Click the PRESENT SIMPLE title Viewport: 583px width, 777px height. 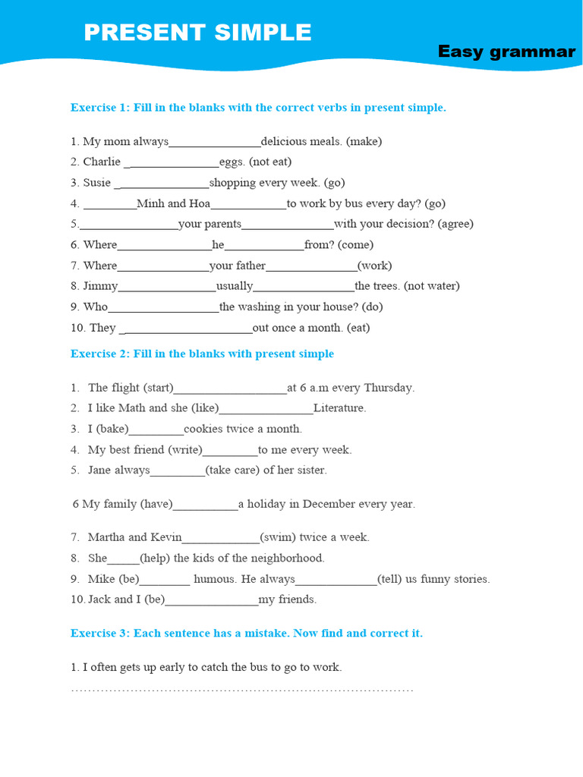[197, 33]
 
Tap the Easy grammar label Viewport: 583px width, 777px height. [506, 52]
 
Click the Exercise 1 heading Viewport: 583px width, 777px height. [258, 108]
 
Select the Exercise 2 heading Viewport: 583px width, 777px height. [202, 354]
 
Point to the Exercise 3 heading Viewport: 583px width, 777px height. [246, 633]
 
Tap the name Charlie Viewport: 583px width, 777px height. [102, 162]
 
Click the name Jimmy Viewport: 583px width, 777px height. [100, 286]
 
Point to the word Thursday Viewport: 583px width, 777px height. [389, 388]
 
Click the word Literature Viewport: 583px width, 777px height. [339, 408]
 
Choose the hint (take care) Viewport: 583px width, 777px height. [233, 470]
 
